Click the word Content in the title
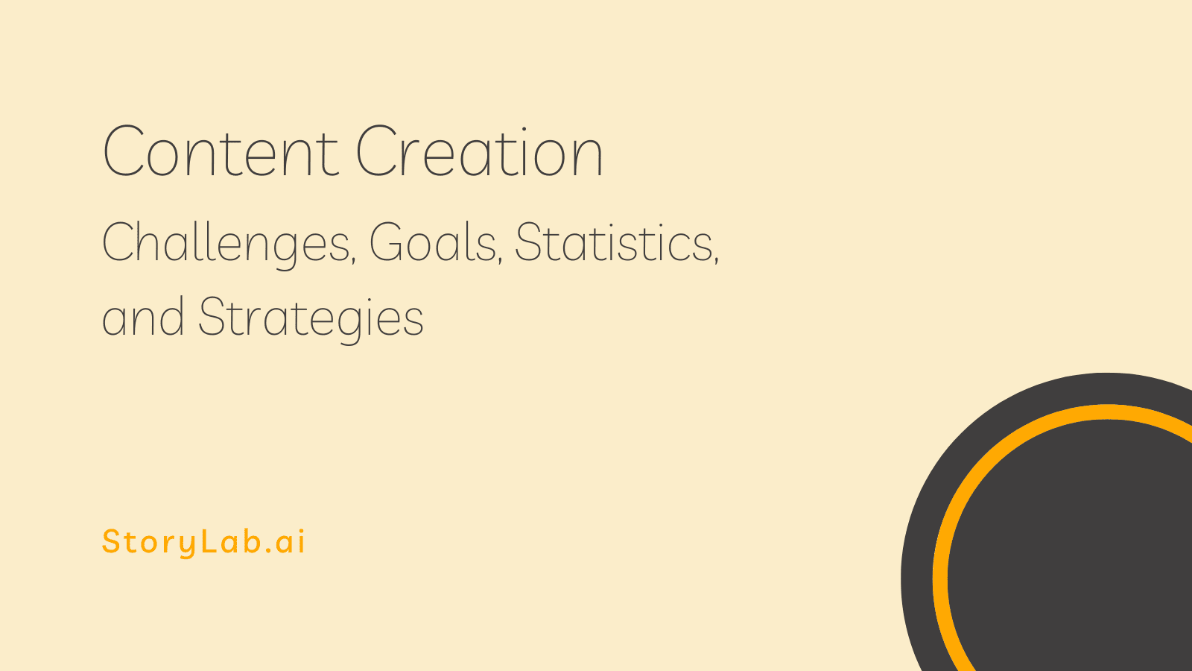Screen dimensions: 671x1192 [221, 152]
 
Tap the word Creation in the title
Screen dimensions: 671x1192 [479, 152]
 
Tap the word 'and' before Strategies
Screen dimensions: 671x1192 [143, 317]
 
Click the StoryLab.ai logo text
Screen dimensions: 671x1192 [203, 542]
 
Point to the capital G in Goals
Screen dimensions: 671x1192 [387, 242]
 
